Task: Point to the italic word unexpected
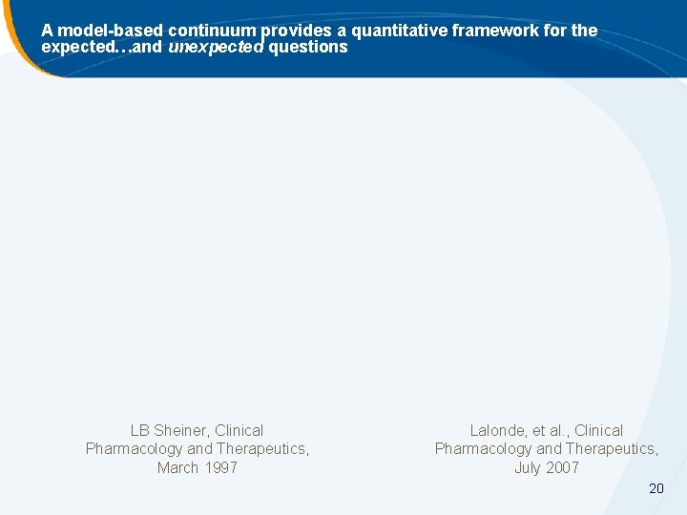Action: click(216, 47)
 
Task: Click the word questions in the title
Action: click(308, 47)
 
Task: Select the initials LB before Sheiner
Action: click(140, 431)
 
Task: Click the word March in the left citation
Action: click(178, 467)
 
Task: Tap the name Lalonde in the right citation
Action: click(498, 431)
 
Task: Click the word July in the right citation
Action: click(529, 467)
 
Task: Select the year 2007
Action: click(562, 467)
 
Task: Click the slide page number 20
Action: click(656, 488)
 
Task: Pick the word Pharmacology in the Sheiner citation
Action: click(134, 449)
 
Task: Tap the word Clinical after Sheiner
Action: click(239, 431)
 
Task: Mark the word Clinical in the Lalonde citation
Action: click(598, 431)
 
